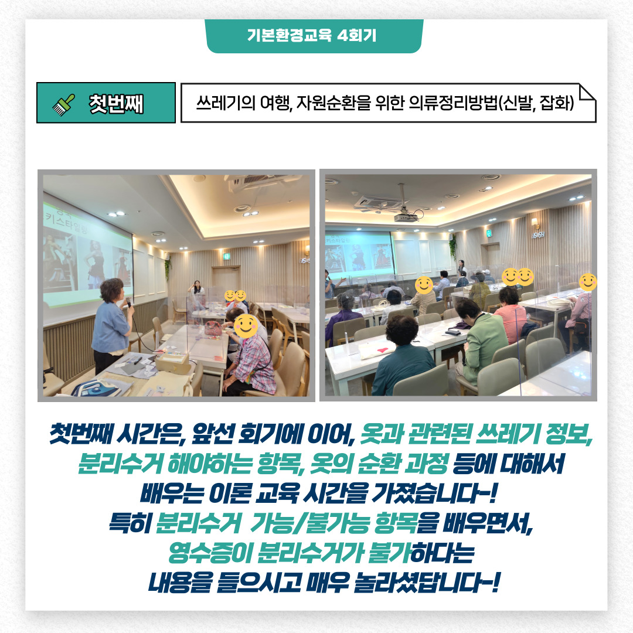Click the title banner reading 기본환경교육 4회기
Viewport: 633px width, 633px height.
pyautogui.click(x=314, y=36)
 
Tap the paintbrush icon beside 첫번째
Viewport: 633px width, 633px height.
pyautogui.click(x=64, y=104)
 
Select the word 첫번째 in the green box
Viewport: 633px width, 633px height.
pyautogui.click(x=116, y=104)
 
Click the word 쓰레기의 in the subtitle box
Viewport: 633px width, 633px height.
pyautogui.click(x=226, y=103)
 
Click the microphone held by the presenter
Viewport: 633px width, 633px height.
pyautogui.click(x=129, y=302)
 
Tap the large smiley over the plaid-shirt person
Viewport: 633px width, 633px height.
pyautogui.click(x=246, y=326)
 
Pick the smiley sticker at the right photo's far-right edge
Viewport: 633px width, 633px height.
pyautogui.click(x=588, y=282)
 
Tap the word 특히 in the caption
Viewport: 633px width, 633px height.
pyautogui.click(x=130, y=523)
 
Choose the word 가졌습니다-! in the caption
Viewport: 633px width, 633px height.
pyautogui.click(x=434, y=492)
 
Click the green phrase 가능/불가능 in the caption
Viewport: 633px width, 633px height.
pyautogui.click(x=309, y=523)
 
